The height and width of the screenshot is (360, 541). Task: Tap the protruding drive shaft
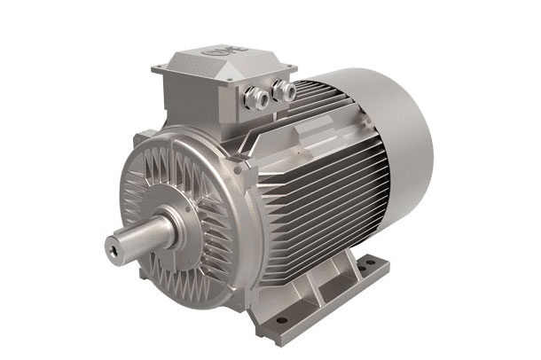142,238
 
